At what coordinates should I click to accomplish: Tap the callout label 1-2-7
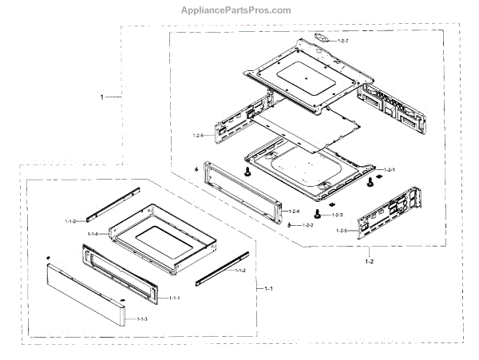(344, 40)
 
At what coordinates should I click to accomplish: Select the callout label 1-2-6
(199, 136)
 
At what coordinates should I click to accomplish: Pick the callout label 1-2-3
(338, 216)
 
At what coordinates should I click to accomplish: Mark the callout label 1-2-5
(342, 231)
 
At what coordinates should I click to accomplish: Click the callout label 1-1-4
(94, 234)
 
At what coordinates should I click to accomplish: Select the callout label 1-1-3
(142, 319)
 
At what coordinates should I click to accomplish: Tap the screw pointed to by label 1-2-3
(319, 213)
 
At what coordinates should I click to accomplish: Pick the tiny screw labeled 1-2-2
(287, 226)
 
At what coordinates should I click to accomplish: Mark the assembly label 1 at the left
(102, 97)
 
